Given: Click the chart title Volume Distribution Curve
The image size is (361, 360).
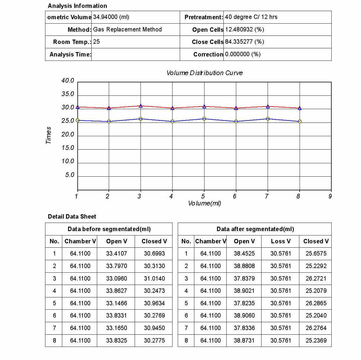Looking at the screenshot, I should [204, 73].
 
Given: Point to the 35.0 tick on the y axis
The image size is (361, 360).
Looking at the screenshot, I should [68, 94].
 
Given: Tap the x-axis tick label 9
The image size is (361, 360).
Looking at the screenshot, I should [330, 196].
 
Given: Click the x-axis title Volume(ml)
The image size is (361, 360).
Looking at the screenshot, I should [204, 203].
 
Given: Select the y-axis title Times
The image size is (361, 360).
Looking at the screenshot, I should [49, 135].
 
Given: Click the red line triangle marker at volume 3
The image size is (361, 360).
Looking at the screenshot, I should [141, 106].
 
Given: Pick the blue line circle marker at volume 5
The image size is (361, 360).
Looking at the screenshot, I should [204, 119].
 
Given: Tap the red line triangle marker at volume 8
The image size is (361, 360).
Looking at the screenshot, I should [300, 108].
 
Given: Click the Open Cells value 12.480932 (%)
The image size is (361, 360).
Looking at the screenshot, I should [244, 29].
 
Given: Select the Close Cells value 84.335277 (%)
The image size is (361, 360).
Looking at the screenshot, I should [244, 42].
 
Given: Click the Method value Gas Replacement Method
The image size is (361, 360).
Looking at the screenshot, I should [127, 29].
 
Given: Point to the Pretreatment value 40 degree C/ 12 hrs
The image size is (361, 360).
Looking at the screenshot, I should [251, 17].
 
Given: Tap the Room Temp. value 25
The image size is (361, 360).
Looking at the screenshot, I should [96, 42].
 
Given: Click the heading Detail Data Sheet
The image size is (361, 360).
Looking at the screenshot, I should [72, 217].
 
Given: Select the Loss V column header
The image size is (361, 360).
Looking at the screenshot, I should [280, 241].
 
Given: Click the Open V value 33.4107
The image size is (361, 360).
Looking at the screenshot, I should [116, 253].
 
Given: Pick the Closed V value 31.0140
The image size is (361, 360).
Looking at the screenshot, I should [154, 279].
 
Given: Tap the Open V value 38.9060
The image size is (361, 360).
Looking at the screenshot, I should [244, 315].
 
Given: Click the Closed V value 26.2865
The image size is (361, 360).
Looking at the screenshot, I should [316, 303].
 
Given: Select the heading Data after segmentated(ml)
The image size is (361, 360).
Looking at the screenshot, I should [255, 229].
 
